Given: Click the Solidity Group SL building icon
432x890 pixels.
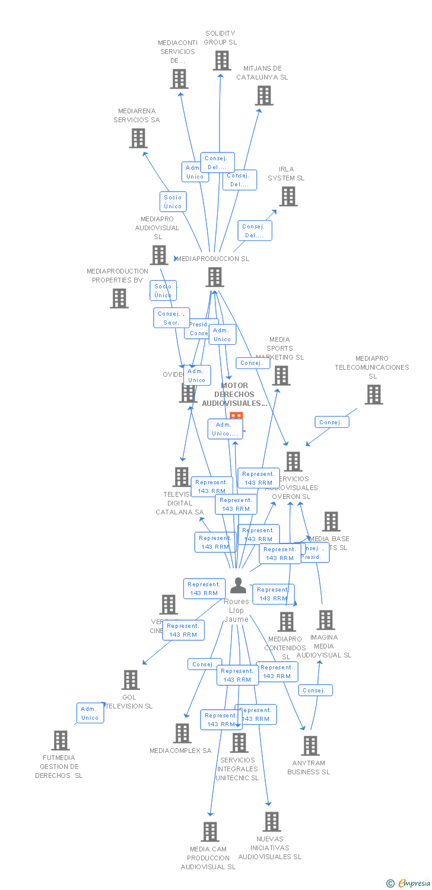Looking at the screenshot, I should pos(222,61).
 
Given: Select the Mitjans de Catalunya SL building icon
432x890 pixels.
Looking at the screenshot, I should pos(264,96).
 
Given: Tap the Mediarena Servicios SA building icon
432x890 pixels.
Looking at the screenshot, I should pos(138,138).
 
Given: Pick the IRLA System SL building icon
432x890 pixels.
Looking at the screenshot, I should pos(288,196).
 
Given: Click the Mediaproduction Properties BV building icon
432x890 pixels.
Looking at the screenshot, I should pos(119,298).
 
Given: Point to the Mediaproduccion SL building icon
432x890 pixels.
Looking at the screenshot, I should pos(215,277).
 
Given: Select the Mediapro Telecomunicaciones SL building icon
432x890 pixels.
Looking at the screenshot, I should pos(373,395).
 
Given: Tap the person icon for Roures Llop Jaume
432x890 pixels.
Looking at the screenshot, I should pos(238,586).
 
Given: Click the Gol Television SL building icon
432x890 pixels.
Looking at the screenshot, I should pos(130,680).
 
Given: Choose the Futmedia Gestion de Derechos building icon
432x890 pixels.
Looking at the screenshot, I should pos(61,740).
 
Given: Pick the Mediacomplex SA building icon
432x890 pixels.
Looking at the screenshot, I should pos(182,733).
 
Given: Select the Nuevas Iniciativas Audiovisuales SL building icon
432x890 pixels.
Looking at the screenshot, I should pos(271,822).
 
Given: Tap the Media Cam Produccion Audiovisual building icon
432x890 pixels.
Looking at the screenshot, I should pos(209,832).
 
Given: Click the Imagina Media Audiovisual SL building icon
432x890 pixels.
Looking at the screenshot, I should pos(325,620).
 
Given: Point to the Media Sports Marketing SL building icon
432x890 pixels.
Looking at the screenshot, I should pos(281,376).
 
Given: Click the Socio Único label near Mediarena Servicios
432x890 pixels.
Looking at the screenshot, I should pos(173,202).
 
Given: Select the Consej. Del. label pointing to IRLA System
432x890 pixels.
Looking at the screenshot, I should pos(255,231).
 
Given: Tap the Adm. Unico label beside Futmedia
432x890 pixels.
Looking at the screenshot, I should pos(90,713).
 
